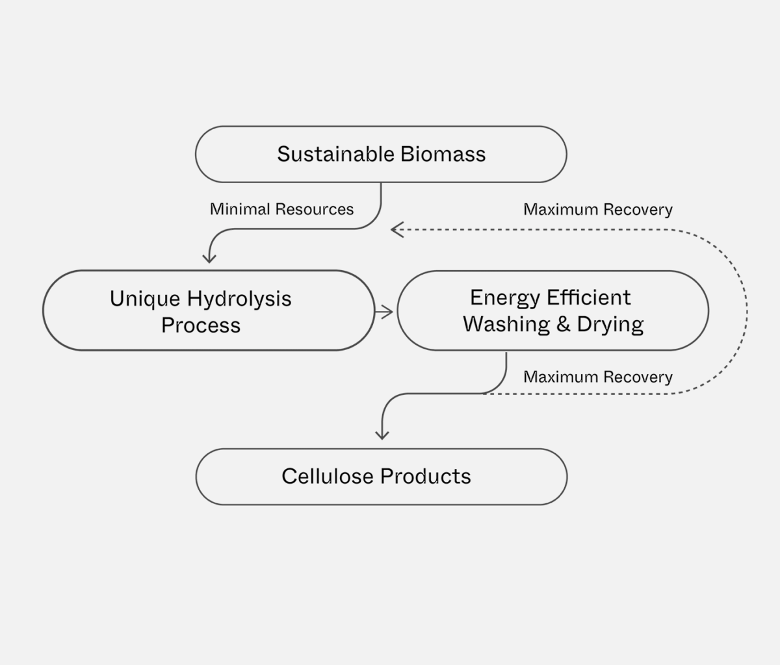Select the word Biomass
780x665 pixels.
tap(443, 155)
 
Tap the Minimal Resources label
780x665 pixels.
tap(281, 209)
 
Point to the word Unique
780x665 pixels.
tap(144, 299)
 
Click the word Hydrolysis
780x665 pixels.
tap(239, 299)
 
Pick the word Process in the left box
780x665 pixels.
tap(201, 325)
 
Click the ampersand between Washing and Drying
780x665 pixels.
tap(563, 323)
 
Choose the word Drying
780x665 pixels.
tap(610, 323)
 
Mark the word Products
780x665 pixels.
tap(426, 476)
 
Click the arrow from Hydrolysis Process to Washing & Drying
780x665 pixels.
tap(385, 312)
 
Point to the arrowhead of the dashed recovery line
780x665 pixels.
tap(396, 229)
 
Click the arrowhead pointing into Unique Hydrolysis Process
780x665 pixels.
tap(209, 257)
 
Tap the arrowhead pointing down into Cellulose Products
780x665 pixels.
tap(382, 434)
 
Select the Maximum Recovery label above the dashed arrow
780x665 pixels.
tap(597, 210)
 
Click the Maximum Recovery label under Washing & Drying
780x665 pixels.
tap(597, 377)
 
